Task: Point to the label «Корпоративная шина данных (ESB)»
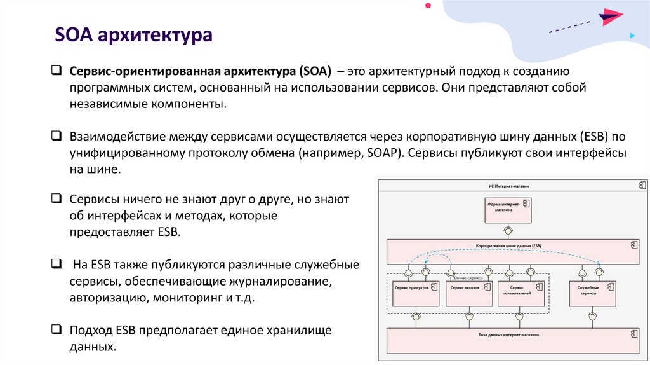(x=508, y=245)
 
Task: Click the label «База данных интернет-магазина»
(x=508, y=334)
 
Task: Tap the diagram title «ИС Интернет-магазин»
(x=508, y=185)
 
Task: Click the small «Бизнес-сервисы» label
(x=469, y=277)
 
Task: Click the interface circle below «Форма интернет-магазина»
(x=508, y=230)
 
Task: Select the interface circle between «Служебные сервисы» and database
(x=592, y=316)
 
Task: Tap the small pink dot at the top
(x=428, y=5)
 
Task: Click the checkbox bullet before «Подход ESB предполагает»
(x=56, y=330)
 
